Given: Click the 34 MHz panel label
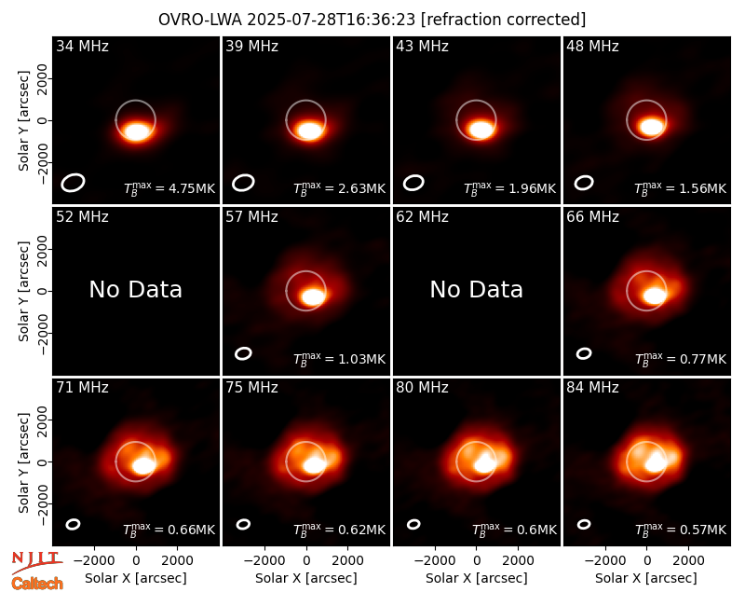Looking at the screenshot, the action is point(82,46).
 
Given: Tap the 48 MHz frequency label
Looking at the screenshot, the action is point(592,46).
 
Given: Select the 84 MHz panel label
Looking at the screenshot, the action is point(592,388).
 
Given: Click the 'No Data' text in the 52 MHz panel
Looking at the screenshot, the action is point(136,290).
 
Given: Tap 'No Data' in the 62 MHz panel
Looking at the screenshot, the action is point(477,290).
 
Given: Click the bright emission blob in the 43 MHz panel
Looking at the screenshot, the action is point(480,129).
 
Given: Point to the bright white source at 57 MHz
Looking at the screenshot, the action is point(313,296).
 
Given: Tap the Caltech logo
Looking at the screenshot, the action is point(37,584).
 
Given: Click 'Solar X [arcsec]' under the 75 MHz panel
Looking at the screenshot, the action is point(306,578).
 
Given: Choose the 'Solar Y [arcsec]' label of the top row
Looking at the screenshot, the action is point(23,121).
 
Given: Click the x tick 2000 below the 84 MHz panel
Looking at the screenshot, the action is point(688,561).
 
